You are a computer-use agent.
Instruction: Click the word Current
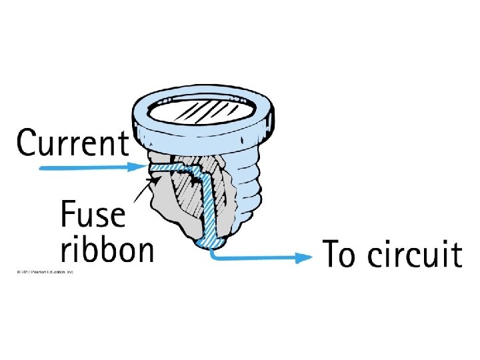(73, 142)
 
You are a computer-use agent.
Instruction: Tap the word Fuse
(93, 216)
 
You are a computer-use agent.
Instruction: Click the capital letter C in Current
(27, 143)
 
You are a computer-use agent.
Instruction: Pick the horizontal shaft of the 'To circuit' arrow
(260, 256)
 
